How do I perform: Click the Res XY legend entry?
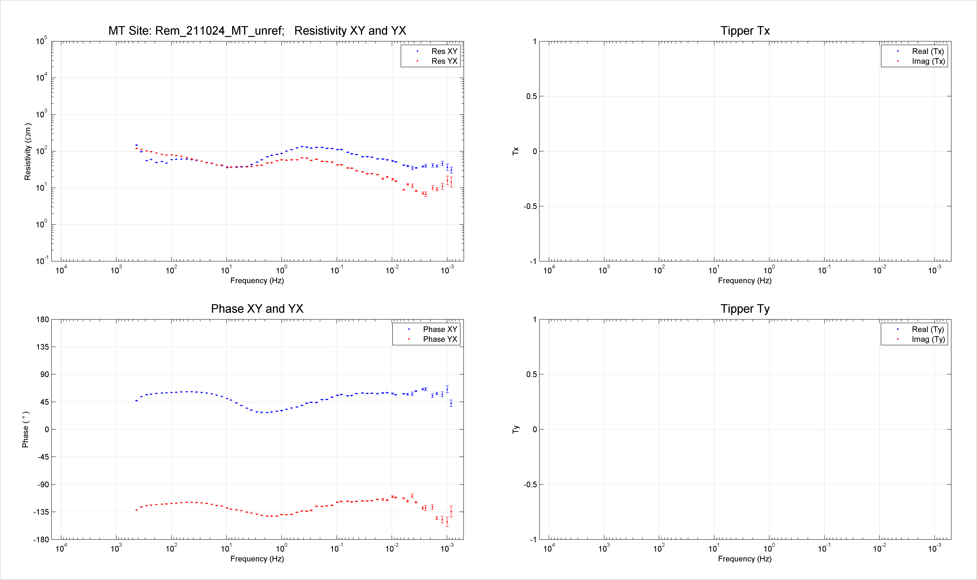[444, 51]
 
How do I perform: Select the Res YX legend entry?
[444, 61]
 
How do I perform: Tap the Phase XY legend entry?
[440, 329]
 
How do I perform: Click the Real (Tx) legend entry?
[928, 51]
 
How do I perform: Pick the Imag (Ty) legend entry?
[928, 339]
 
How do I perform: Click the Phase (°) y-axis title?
[25, 429]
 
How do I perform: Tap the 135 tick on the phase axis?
[43, 347]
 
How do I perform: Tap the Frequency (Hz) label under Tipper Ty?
[745, 559]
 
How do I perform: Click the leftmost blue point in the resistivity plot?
[136, 145]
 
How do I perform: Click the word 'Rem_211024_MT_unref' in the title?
[219, 31]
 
